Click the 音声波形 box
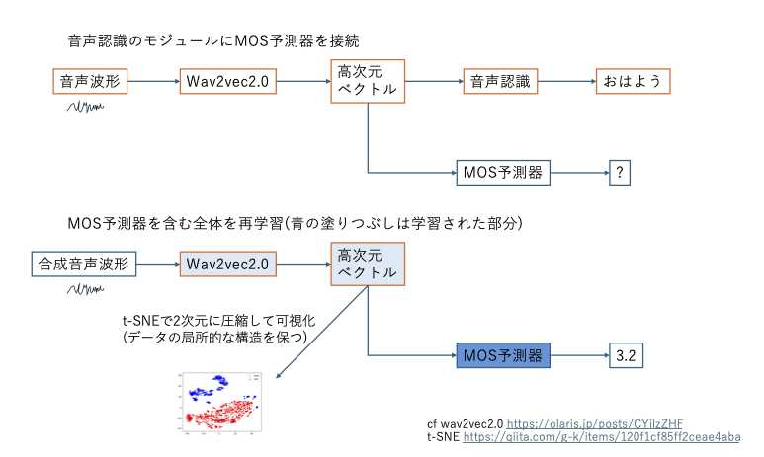(89, 81)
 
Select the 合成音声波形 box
(82, 264)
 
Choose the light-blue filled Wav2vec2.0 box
(227, 264)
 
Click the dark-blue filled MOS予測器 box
(502, 353)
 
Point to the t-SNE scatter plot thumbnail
(221, 402)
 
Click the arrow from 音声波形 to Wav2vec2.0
(153, 81)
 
